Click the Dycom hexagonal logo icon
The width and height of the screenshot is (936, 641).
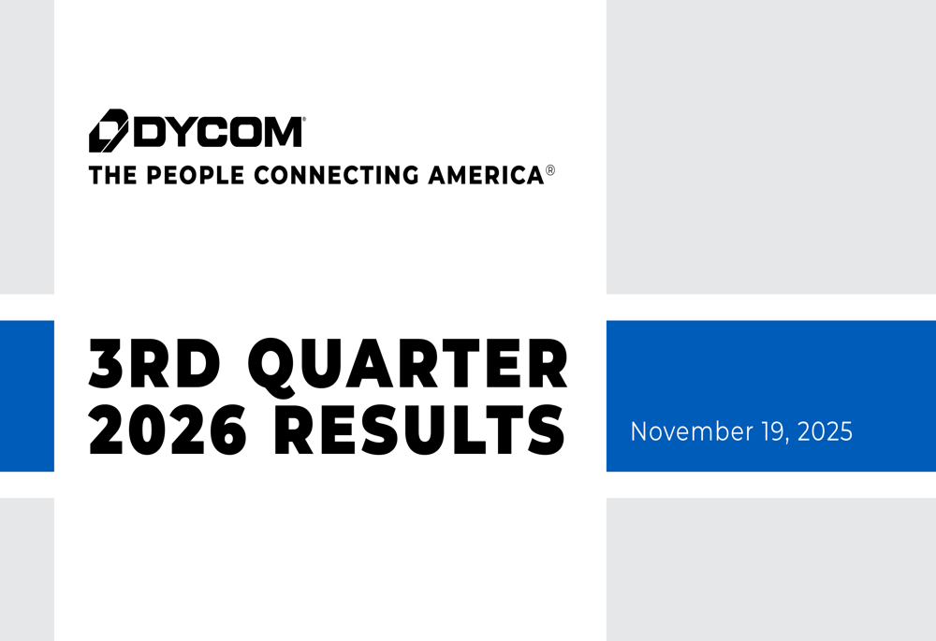pos(108,130)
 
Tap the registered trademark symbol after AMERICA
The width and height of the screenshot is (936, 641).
pos(550,172)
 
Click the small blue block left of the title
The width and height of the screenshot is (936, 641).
pos(26,396)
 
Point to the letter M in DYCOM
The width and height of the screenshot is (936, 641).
pos(282,131)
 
